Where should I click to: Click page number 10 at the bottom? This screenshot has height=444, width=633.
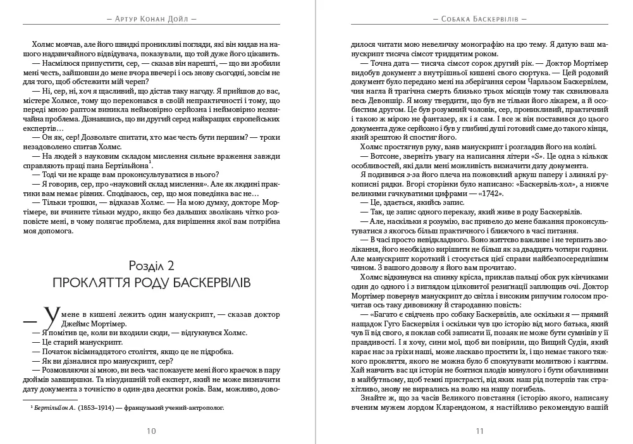tap(151, 431)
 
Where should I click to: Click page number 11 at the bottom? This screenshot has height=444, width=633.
tap(479, 431)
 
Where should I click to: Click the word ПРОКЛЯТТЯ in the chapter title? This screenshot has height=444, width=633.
tap(89, 281)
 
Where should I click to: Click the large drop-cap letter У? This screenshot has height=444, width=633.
tap(53, 316)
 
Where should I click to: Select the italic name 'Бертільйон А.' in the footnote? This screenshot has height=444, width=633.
tap(56, 408)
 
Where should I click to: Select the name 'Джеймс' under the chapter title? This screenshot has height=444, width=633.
tap(63, 323)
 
